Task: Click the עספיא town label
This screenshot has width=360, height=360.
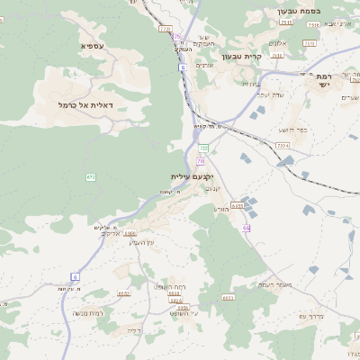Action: point(93,45)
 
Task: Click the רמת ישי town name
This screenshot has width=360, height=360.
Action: point(325,82)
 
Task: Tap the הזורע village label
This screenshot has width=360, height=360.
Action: point(222,208)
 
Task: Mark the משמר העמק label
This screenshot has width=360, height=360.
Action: point(275,284)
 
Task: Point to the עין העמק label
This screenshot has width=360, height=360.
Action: point(143,241)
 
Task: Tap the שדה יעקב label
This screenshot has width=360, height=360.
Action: point(269,94)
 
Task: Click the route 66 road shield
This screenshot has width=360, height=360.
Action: point(246,228)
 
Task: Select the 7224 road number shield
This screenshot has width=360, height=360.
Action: point(283,144)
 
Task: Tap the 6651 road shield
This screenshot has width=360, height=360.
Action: point(228,296)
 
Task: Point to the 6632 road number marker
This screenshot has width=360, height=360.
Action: point(124,293)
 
